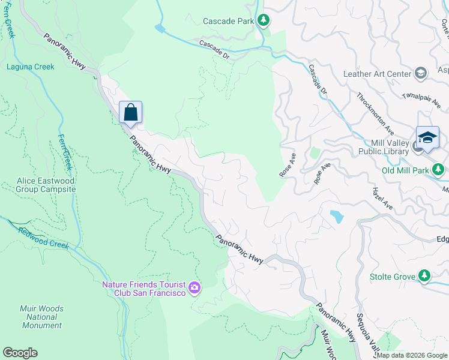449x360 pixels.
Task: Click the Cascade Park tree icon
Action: tap(263, 20)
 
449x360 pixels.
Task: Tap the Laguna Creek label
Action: tap(30, 67)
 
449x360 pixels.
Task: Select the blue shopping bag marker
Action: tap(130, 112)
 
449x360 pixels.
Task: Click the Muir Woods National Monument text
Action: tap(42, 317)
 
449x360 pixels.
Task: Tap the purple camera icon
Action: tap(194, 289)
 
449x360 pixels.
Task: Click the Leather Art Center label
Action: tap(376, 74)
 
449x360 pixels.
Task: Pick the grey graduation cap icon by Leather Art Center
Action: tap(421, 74)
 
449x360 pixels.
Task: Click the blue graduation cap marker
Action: tap(427, 137)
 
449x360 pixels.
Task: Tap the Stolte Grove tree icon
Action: tap(424, 275)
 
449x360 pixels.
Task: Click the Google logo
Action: tap(20, 353)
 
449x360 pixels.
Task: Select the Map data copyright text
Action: tap(412, 355)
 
